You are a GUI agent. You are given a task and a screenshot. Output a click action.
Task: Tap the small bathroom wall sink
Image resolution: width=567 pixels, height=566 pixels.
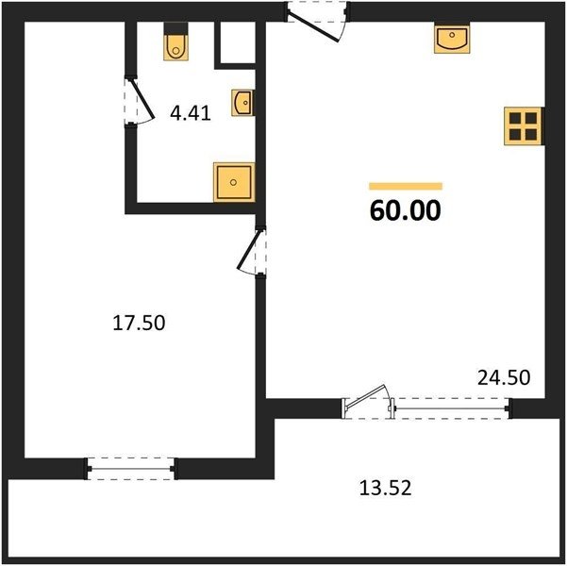(x=243, y=103)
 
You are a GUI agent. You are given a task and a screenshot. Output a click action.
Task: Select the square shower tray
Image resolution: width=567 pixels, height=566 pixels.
(x=234, y=182)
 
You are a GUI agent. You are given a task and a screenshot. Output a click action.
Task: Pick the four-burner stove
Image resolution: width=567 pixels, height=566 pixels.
(x=524, y=126)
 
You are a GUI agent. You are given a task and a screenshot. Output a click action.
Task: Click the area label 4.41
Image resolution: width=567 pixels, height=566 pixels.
(x=191, y=113)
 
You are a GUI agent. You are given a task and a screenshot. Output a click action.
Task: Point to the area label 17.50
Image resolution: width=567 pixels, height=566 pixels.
(x=139, y=323)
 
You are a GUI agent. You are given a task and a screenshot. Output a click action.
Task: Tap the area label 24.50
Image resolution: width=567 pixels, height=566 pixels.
(x=504, y=377)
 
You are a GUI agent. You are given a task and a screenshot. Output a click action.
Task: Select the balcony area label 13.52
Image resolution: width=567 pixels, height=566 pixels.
(x=385, y=488)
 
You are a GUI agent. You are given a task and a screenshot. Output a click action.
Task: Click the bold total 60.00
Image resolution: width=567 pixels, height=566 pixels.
(x=406, y=210)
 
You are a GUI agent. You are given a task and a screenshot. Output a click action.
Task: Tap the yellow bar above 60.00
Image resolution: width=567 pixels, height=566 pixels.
(x=406, y=186)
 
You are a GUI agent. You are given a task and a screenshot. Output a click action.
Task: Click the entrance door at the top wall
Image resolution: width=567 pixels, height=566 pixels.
(x=318, y=22)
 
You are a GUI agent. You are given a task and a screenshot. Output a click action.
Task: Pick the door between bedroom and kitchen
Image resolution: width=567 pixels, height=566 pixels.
(x=252, y=253)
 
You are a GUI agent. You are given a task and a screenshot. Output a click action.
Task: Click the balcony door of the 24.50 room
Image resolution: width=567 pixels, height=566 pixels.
(x=367, y=402)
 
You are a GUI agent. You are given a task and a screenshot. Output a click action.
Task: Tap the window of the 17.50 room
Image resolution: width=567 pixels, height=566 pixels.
(x=130, y=469)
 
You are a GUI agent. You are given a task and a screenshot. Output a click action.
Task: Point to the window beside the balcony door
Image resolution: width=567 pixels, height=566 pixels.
(x=452, y=408)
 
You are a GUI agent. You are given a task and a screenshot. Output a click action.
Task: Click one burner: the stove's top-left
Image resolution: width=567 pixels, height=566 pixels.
(x=515, y=118)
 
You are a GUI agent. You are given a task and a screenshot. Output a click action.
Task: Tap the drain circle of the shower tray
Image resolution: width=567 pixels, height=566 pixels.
(x=233, y=182)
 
